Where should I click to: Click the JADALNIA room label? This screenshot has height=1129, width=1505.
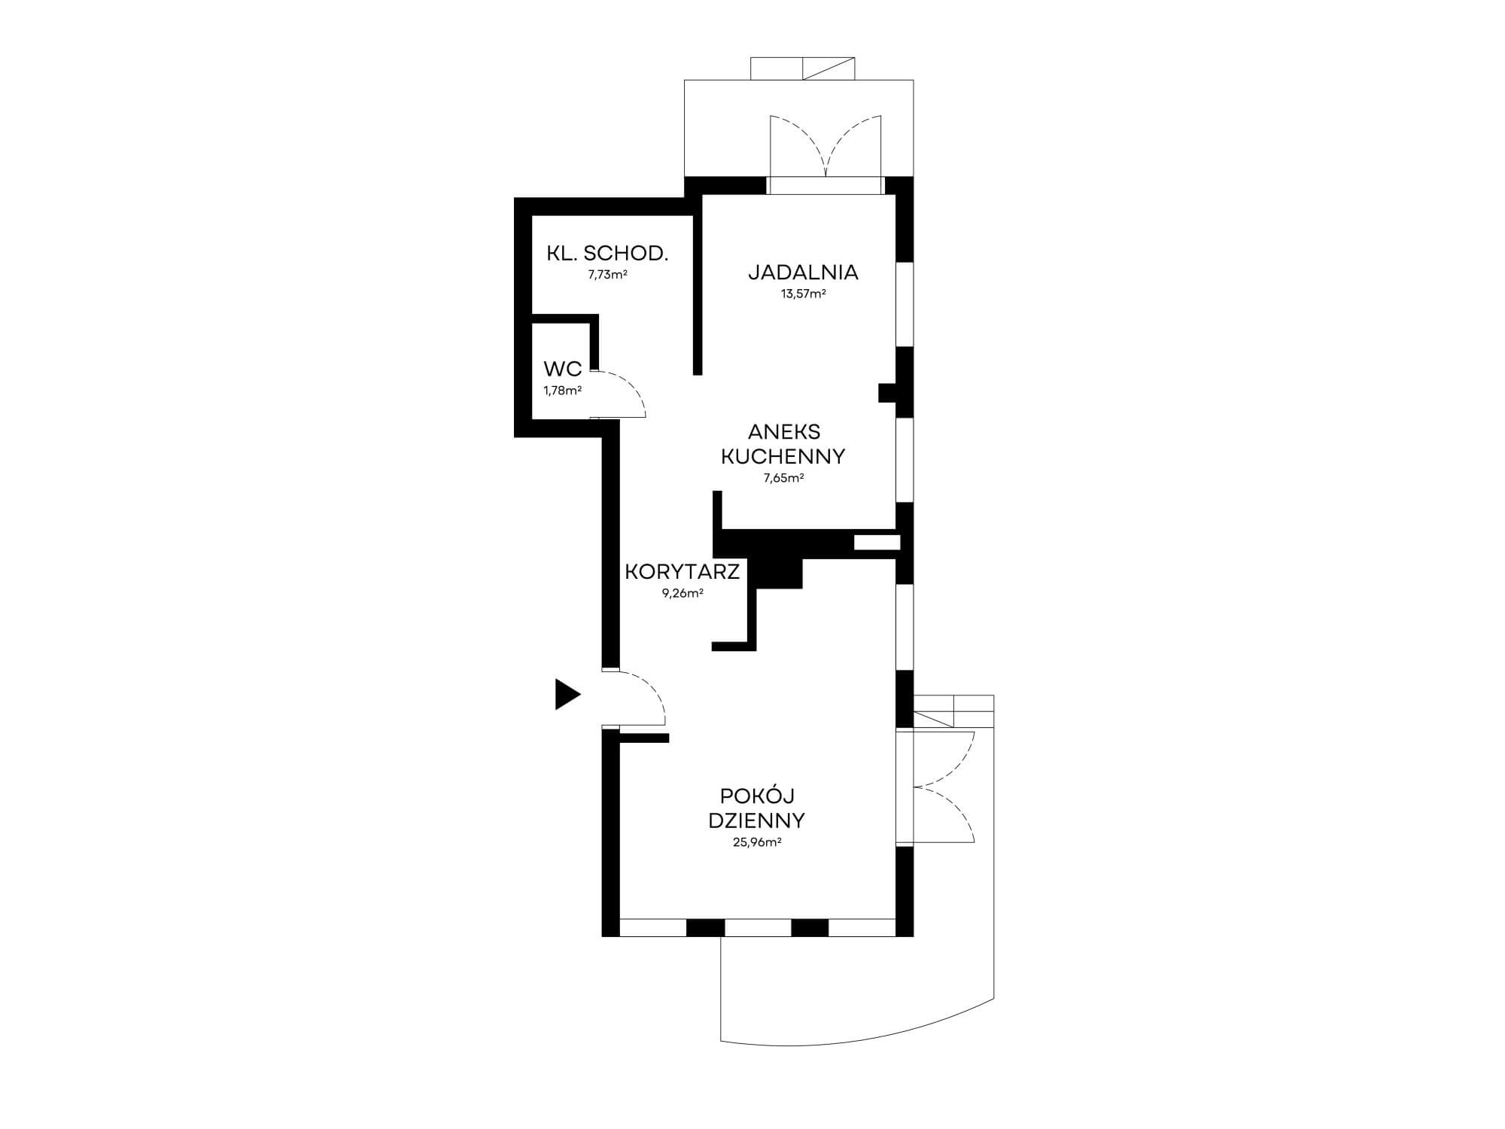803,272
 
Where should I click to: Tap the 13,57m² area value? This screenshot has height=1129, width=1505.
803,294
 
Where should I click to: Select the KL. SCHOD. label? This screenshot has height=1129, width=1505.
607,253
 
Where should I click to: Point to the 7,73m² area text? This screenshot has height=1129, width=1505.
607,275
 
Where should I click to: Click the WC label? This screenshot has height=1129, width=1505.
563,369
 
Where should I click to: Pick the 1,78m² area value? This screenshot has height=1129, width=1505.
563,391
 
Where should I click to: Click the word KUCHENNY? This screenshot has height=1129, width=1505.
783,456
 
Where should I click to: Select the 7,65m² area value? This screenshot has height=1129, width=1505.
783,478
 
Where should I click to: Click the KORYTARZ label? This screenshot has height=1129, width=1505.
683,572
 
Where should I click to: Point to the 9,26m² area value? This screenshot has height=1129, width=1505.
683,593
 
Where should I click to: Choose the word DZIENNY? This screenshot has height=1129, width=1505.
757,820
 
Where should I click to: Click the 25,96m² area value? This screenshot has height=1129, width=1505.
757,842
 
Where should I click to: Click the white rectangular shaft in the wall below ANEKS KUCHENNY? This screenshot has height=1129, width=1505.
877,541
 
